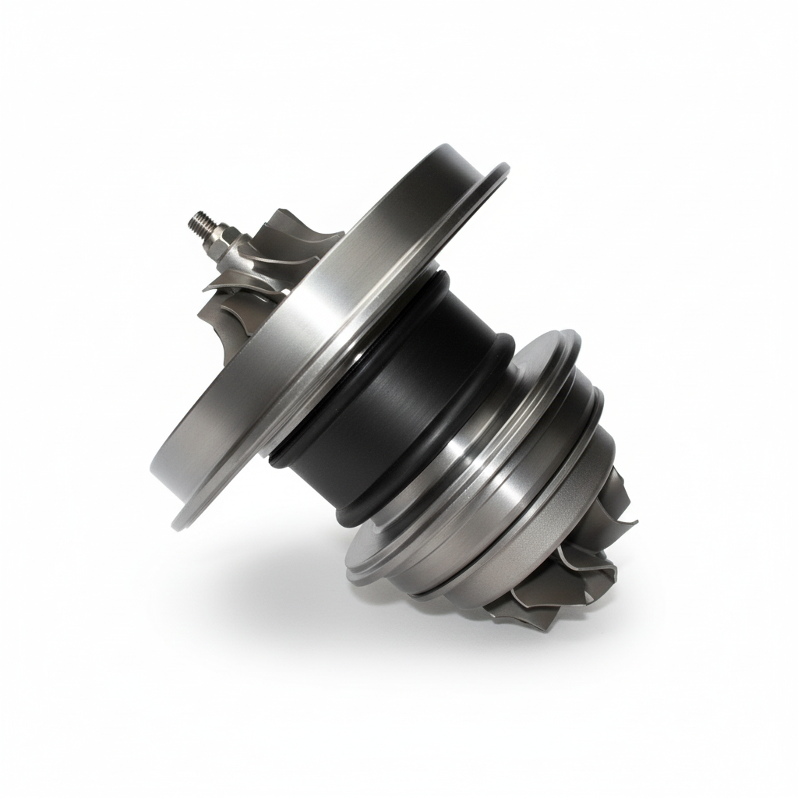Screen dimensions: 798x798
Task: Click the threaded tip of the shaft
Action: click(197, 221)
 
